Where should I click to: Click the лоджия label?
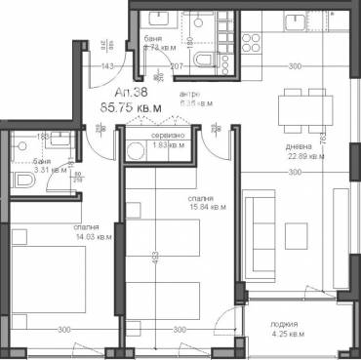(286, 324)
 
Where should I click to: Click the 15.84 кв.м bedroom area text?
(207, 207)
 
